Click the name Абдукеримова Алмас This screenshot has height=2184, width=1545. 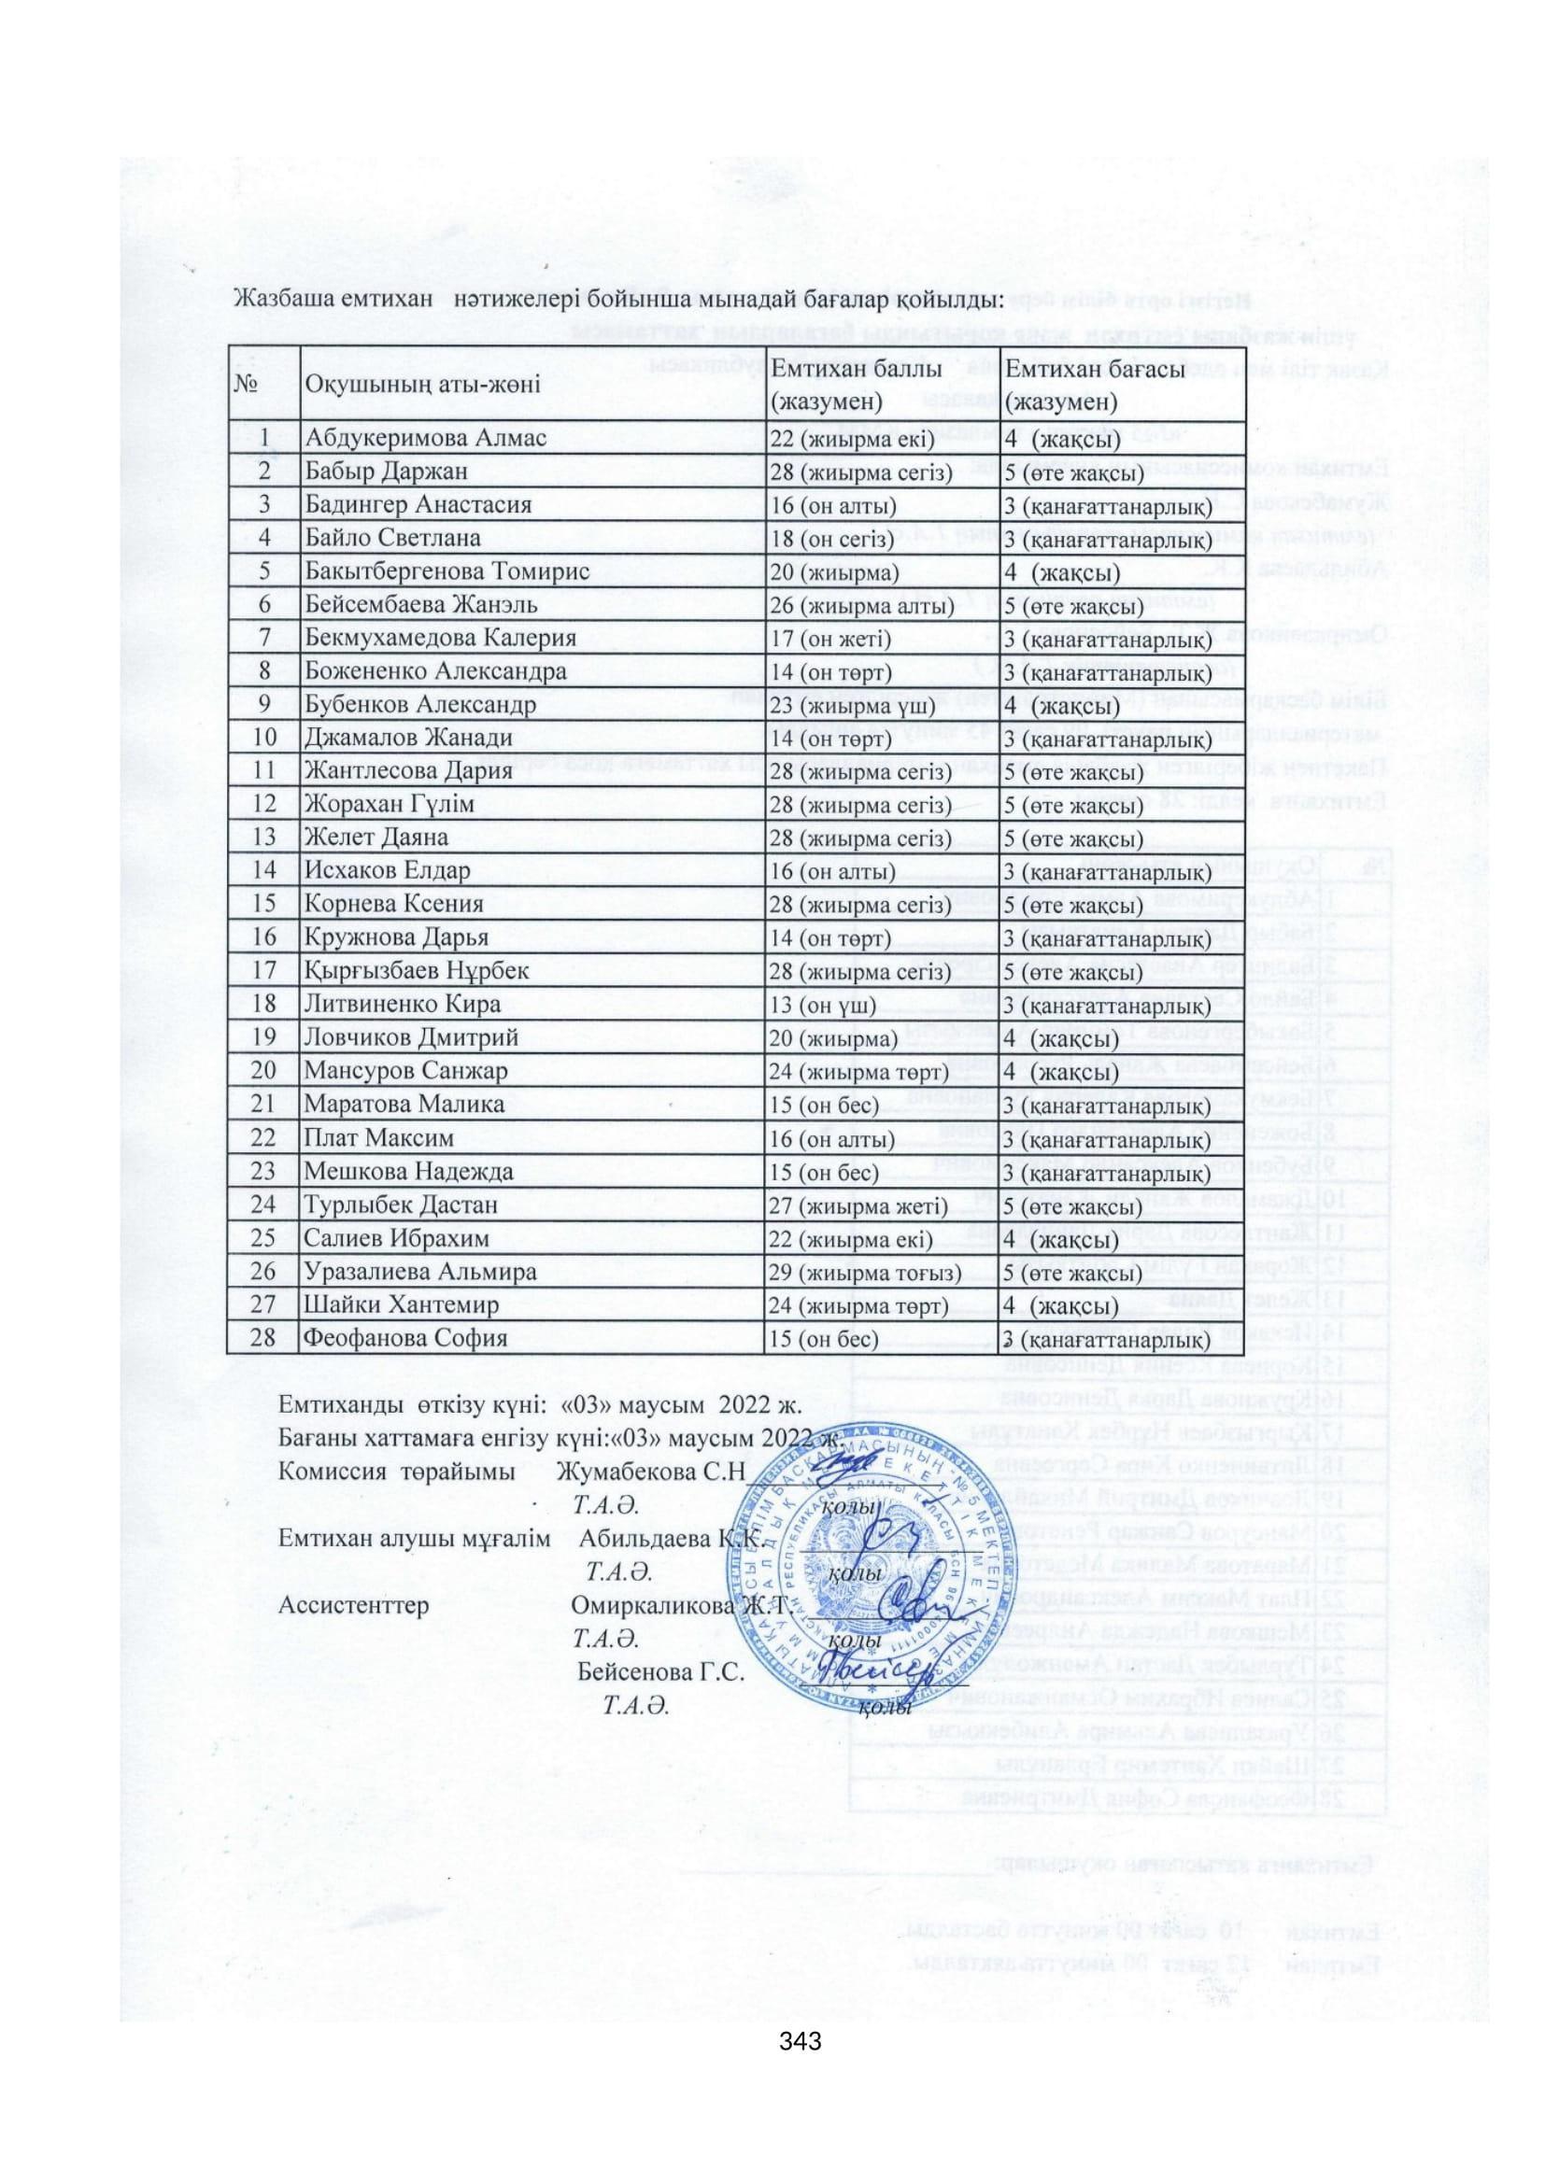[425, 438]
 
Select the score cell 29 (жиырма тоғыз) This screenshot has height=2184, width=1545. [865, 1272]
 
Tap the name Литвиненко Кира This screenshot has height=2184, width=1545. [402, 1005]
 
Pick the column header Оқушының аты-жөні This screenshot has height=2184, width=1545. [421, 385]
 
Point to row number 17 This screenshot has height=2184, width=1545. [263, 970]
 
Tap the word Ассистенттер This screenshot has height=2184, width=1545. [354, 1605]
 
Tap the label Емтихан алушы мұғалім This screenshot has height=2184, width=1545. [414, 1537]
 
